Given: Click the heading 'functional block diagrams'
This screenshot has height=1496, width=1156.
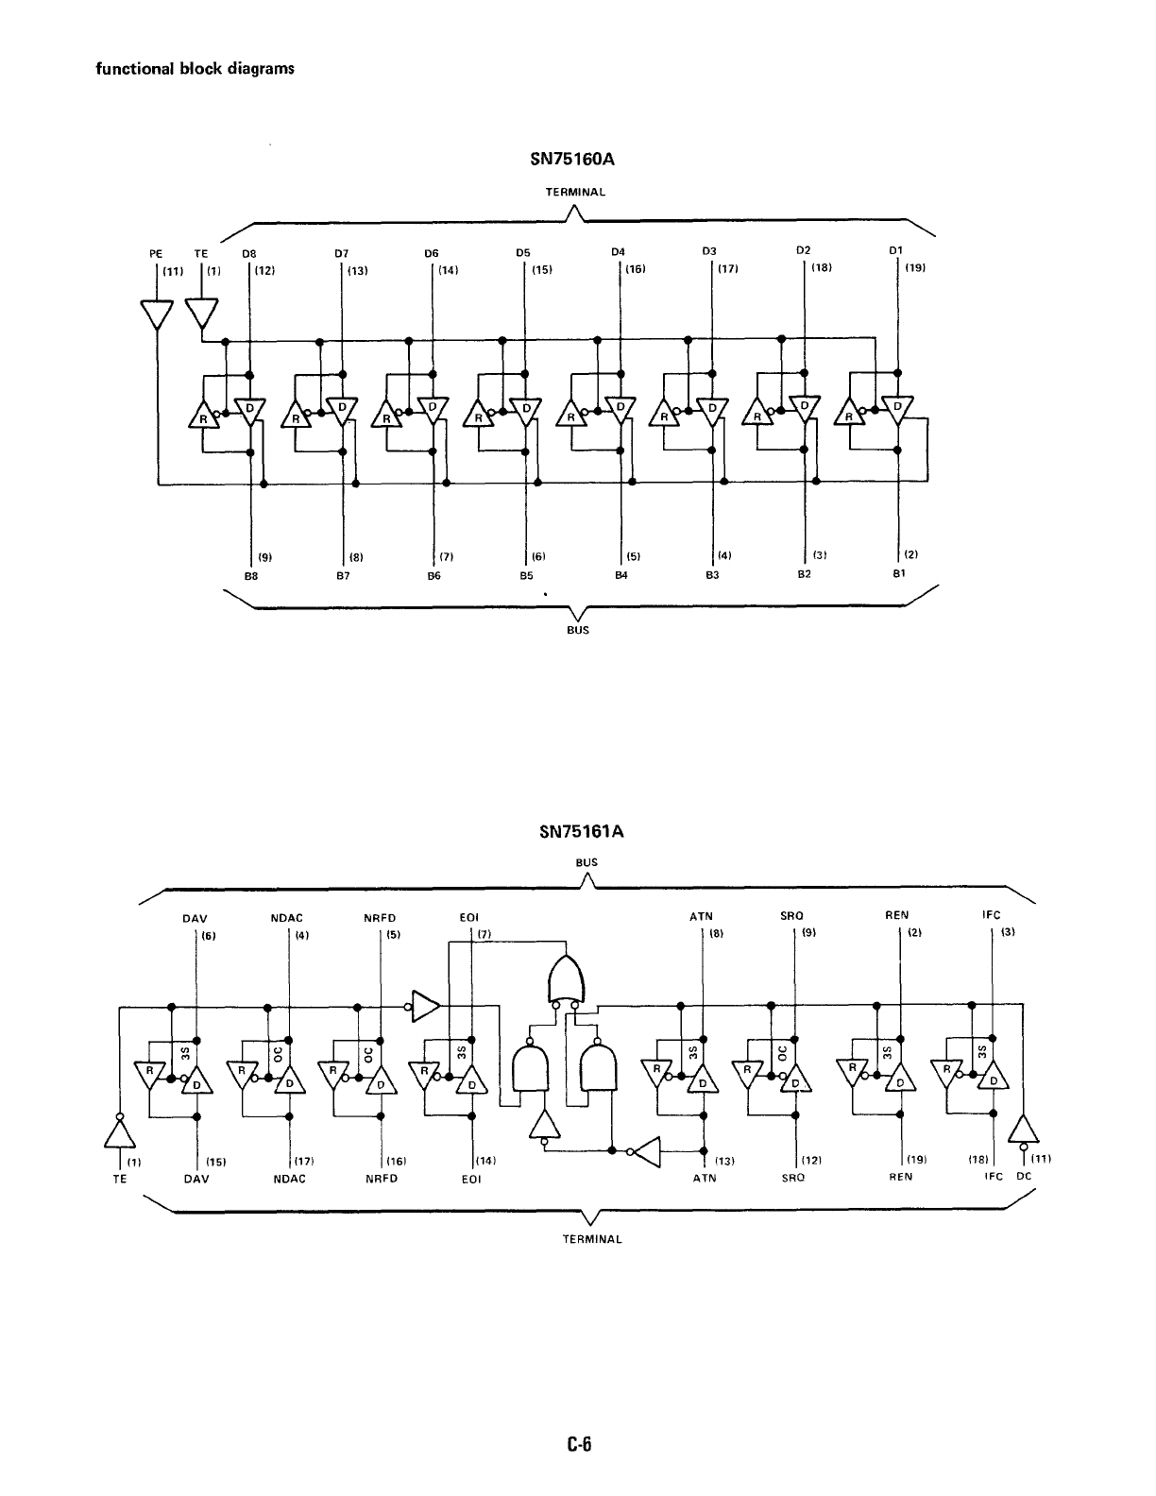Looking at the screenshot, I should [x=195, y=69].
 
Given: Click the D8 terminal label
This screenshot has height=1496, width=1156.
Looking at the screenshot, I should [x=248, y=252].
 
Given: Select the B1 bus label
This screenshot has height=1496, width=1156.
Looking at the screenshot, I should [x=898, y=573].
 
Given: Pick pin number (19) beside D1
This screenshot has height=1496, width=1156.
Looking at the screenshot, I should [x=914, y=268].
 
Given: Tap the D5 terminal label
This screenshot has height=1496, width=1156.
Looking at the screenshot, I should [x=522, y=252].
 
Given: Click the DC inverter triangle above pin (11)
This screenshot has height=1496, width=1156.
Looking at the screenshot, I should [x=1024, y=1130].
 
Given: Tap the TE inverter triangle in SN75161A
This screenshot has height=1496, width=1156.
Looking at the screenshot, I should [x=119, y=1130].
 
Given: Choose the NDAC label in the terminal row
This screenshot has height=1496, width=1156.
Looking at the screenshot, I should [x=288, y=1179].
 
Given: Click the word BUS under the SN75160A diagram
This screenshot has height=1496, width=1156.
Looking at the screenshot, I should [x=577, y=630].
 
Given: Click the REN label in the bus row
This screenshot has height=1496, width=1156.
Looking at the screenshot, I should [x=897, y=916].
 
